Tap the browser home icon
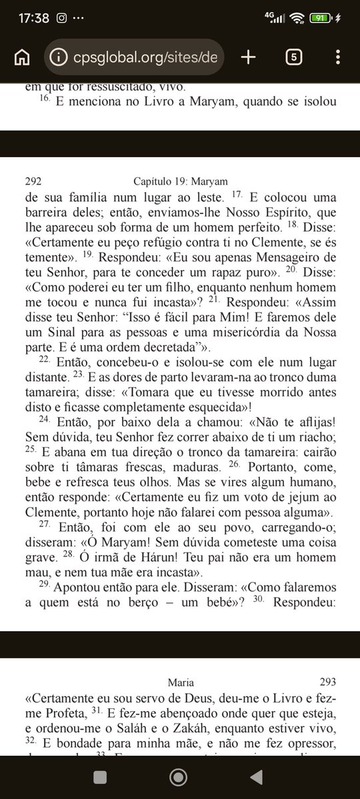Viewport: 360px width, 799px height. click(x=22, y=57)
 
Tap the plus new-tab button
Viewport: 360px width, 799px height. click(x=248, y=57)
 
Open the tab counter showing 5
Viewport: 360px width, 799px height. click(x=293, y=57)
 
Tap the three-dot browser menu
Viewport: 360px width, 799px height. click(x=338, y=57)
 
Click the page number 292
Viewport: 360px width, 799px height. click(x=34, y=181)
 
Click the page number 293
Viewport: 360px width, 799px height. click(x=327, y=682)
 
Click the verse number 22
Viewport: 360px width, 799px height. click(x=44, y=359)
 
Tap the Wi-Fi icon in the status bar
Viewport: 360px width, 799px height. click(x=297, y=18)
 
